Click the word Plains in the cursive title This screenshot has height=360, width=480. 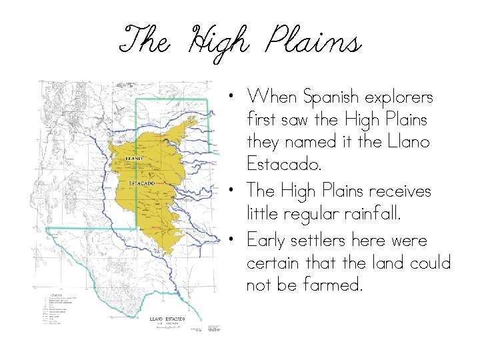click(x=313, y=43)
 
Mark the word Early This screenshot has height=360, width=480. click(x=266, y=240)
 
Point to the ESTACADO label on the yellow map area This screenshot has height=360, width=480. click(x=142, y=182)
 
